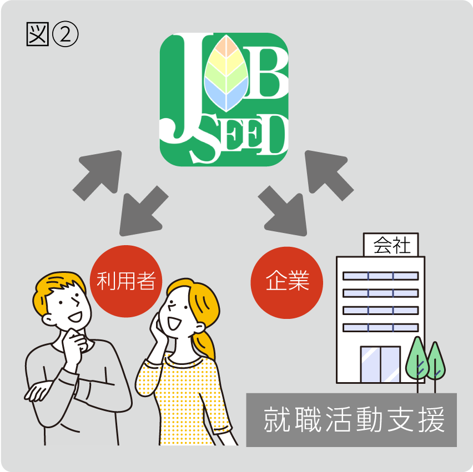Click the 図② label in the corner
(x=52, y=34)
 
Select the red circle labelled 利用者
(x=125, y=282)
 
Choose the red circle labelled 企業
(x=287, y=282)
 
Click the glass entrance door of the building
(x=380, y=365)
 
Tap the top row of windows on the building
(x=380, y=276)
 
